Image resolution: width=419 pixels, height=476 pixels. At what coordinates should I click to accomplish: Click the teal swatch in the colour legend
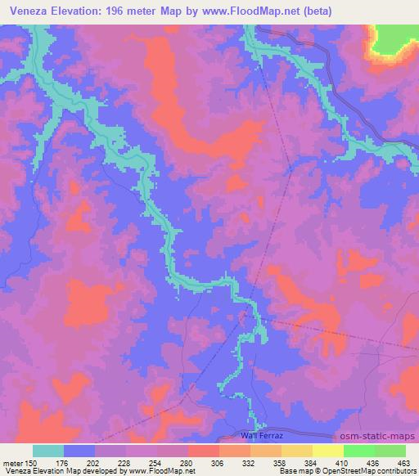pos(47,451)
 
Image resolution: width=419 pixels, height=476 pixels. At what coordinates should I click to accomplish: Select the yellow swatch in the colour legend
pos(327,451)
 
